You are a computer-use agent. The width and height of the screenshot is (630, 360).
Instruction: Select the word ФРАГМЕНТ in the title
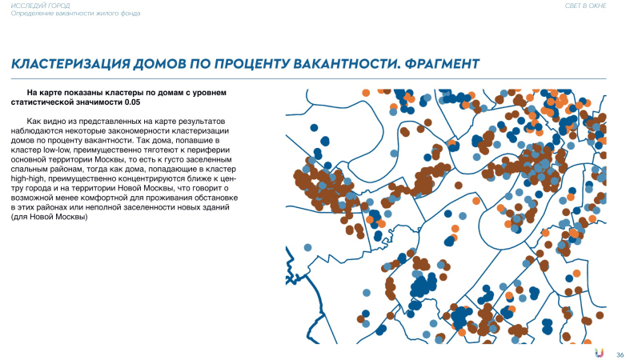(x=438, y=63)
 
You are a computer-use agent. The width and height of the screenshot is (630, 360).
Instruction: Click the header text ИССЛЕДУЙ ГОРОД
(x=34, y=6)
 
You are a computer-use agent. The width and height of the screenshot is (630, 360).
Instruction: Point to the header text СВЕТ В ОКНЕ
(x=586, y=6)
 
